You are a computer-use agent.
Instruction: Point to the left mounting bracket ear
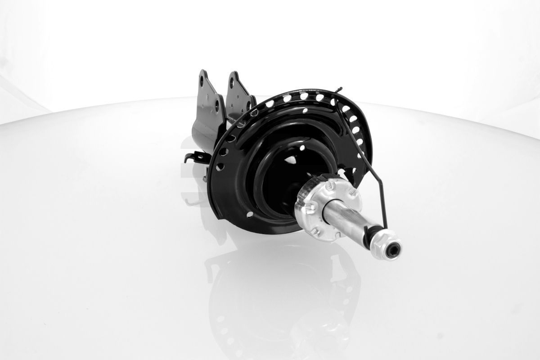coord(208,92)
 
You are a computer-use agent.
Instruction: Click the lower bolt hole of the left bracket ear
coord(217,104)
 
